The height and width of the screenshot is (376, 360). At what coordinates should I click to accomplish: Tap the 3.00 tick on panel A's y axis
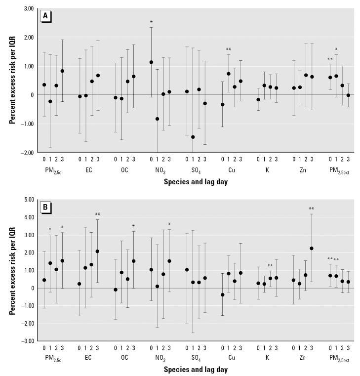28,9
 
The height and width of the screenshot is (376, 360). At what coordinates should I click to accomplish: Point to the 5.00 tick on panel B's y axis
28,200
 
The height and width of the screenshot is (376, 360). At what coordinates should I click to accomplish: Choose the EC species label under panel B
88,357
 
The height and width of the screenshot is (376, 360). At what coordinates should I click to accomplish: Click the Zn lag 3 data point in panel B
311,249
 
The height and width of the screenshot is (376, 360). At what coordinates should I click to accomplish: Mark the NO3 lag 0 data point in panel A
151,62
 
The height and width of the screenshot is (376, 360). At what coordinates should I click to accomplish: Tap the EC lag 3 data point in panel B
97,251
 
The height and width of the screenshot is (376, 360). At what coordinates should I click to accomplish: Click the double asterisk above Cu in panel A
228,49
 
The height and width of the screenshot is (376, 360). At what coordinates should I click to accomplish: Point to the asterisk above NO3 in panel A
151,22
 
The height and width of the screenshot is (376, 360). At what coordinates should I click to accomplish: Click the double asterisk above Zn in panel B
311,209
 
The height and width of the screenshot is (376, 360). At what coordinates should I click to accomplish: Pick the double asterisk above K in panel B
270,265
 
